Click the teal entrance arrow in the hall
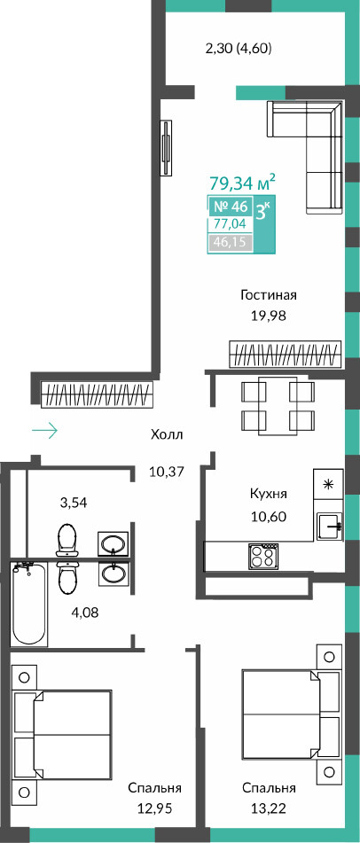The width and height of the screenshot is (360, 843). tap(44, 430)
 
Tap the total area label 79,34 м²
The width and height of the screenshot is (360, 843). tap(243, 183)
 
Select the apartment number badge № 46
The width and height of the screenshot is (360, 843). tap(231, 207)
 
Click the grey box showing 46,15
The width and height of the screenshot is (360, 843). tap(230, 242)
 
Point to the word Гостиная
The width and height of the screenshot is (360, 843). tap(269, 294)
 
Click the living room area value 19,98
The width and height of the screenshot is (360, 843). tap(269, 316)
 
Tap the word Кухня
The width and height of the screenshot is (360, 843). tap(269, 494)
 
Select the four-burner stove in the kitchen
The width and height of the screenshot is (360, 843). tap(263, 556)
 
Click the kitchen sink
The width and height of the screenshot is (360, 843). tap(329, 524)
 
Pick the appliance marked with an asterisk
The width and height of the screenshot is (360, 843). tap(328, 483)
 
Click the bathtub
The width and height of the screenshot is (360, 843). tap(29, 602)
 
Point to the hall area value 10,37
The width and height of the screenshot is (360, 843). tap(167, 472)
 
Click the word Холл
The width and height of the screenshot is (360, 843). tap(167, 435)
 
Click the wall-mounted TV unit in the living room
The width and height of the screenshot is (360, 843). tap(168, 147)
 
